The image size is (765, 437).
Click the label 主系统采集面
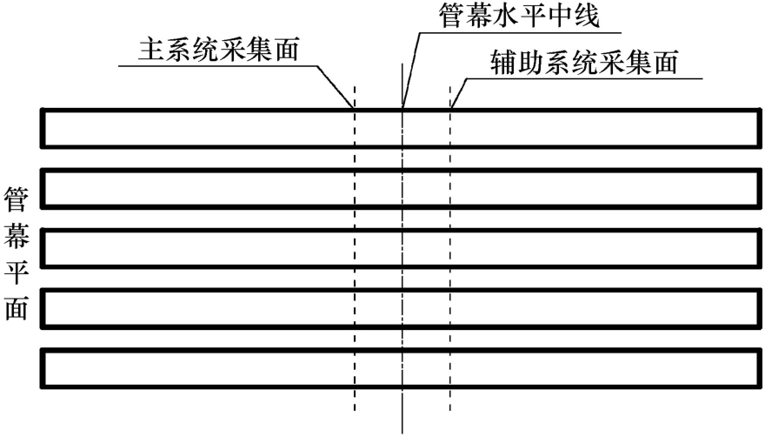click(218, 50)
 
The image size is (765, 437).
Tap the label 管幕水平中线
click(519, 16)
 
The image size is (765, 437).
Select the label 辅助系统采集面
click(584, 63)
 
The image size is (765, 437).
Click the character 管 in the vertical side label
click(17, 199)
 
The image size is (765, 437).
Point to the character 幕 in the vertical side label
click(17, 235)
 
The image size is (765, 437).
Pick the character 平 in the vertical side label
click(17, 272)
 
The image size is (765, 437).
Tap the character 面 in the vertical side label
click(17, 307)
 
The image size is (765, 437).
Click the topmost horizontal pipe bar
click(401, 111)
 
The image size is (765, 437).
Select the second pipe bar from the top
click(401, 171)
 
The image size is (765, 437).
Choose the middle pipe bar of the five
click(401, 231)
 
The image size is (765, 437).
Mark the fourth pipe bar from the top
click(401, 291)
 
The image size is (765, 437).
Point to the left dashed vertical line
click(355, 248)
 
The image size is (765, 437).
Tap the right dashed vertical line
click(450, 248)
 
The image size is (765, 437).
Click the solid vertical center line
click(402, 249)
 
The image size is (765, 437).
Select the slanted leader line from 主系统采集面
click(336, 86)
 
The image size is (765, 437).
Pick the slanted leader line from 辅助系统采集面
click(459, 93)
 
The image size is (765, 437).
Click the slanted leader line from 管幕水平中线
click(411, 70)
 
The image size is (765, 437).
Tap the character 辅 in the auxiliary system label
click(503, 63)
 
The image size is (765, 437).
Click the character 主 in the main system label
click(150, 50)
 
